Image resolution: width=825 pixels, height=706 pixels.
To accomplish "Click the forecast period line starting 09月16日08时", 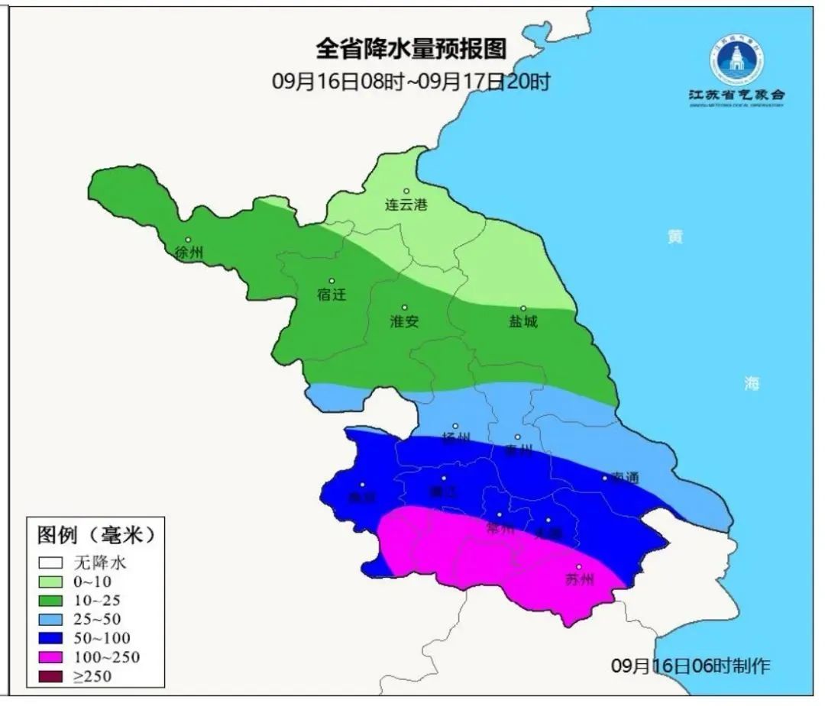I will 411,82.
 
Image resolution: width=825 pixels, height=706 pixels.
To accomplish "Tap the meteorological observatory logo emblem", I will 736,60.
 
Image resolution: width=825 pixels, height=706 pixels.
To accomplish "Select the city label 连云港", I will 406,205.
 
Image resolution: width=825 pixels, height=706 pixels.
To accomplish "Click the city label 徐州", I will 188,253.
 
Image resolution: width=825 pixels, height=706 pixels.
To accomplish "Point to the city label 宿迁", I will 332,295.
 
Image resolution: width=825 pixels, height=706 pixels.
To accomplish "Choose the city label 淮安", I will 404,321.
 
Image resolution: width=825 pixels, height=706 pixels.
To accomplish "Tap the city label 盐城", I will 523,321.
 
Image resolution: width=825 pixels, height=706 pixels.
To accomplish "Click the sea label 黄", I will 675,237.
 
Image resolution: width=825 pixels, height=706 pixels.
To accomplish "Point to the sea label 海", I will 752,383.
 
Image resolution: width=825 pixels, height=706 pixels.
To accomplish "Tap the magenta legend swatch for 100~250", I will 51,657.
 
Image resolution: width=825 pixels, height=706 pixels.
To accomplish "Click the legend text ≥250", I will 92,675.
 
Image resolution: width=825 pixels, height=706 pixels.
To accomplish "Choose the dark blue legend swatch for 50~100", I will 51,638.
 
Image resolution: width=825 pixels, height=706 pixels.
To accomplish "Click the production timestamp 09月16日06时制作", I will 691,666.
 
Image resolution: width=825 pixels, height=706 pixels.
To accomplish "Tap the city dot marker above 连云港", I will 406,191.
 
